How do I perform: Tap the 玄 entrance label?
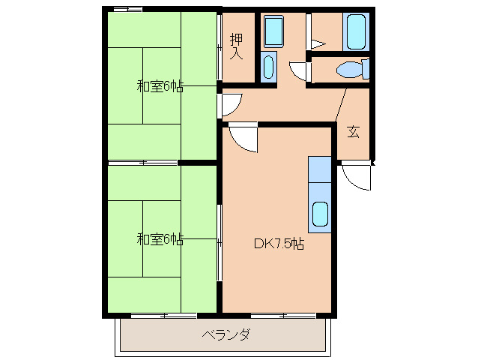coord(353,133)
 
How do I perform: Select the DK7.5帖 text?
coord(278,244)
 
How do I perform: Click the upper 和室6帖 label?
coord(160,86)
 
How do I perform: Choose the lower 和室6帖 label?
coord(160,240)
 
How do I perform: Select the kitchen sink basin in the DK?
coord(320,214)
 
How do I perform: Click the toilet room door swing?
coord(301,70)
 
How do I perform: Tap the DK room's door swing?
coord(243,136)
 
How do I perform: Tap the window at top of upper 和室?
coord(126,10)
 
